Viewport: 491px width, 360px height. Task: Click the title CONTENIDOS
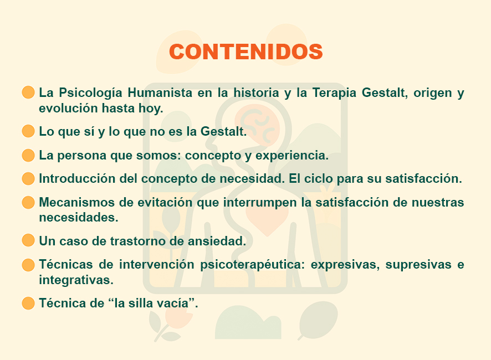[246, 52]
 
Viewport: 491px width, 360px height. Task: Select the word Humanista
[160, 92]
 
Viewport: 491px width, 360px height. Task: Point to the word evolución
[68, 109]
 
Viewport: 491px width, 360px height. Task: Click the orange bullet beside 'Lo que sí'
[28, 131]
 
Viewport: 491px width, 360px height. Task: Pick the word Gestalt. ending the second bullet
[223, 131]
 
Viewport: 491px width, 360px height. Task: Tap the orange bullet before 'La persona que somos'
[28, 155]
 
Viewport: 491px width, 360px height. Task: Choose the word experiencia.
[292, 156]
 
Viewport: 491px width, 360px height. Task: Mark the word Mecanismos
[76, 202]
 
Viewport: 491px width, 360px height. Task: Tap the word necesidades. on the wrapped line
[78, 218]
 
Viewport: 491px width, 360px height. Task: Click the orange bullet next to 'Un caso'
[28, 240]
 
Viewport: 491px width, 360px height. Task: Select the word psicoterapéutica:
[252, 265]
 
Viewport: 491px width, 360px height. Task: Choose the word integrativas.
[76, 280]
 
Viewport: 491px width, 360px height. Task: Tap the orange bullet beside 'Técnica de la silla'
[28, 303]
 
